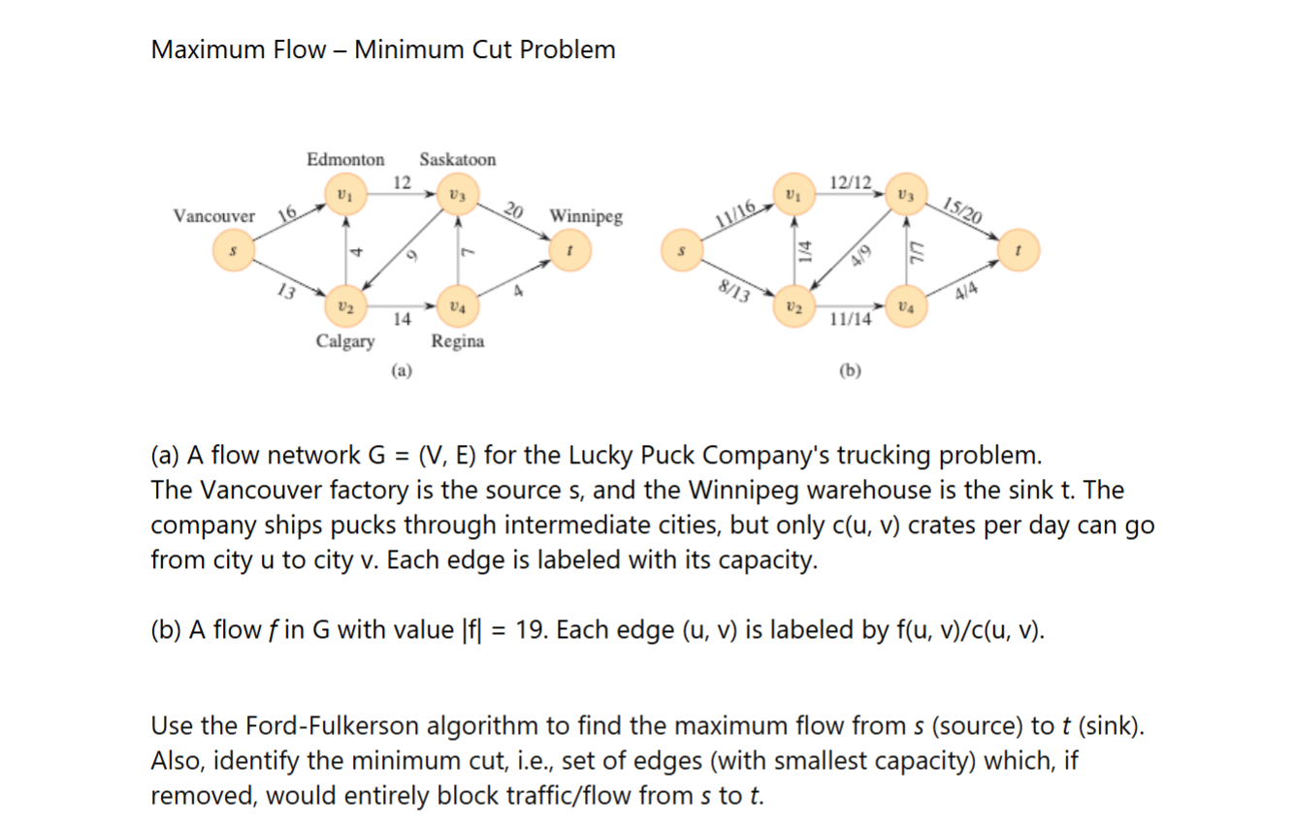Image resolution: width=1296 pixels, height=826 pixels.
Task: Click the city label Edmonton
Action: pos(345,159)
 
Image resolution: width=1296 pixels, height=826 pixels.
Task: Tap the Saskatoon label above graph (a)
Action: pos(457,159)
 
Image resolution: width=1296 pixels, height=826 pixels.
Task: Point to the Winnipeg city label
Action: pos(586,215)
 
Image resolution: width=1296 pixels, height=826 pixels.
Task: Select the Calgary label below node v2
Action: pos(345,341)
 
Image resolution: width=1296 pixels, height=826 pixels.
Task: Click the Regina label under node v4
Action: pos(458,341)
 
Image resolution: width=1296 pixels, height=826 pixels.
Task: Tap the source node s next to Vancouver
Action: pos(232,250)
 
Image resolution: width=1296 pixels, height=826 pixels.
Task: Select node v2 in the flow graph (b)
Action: pos(794,307)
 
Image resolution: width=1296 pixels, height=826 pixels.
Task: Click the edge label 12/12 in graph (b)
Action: pos(852,181)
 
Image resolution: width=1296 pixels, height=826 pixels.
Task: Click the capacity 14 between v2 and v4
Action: pos(402,318)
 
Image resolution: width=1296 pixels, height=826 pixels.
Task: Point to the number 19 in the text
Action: pos(530,630)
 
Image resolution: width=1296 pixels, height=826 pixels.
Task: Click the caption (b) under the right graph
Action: pos(851,369)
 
